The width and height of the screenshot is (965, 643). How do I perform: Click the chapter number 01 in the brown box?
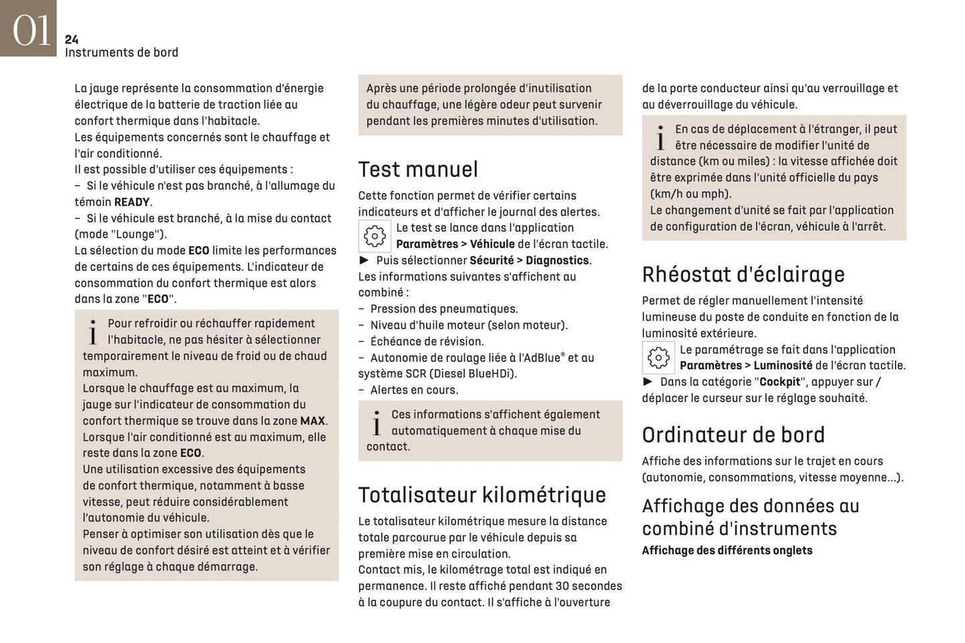pos(31,30)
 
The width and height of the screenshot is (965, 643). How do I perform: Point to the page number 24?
pos(71,40)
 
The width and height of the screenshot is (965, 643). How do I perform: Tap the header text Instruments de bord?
pos(122,53)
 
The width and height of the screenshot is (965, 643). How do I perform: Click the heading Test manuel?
pos(418,170)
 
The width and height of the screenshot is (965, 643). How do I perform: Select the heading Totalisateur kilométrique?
pos(482,495)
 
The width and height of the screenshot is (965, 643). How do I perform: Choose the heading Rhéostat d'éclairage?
pos(743,274)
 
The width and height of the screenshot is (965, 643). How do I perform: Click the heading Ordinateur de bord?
pos(733,435)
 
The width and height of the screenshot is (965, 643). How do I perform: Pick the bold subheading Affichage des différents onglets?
pos(727,551)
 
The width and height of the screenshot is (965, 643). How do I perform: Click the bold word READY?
pos(132,202)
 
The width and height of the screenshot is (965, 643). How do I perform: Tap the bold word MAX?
pos(312,421)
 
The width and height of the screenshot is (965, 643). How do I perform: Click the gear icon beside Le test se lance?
pos(375,236)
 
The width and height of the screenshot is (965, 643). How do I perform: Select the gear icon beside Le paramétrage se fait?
pos(658,358)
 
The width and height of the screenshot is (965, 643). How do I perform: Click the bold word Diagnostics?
pos(557,261)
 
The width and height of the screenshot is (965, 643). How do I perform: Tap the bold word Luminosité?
pos(783,366)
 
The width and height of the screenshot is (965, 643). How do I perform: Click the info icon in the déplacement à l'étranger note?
pos(660,138)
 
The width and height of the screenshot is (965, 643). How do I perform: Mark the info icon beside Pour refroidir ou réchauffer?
pos(93,332)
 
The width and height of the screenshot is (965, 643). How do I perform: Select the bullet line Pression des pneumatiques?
pos(444,309)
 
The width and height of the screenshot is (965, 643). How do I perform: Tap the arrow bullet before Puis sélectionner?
pos(364,260)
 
